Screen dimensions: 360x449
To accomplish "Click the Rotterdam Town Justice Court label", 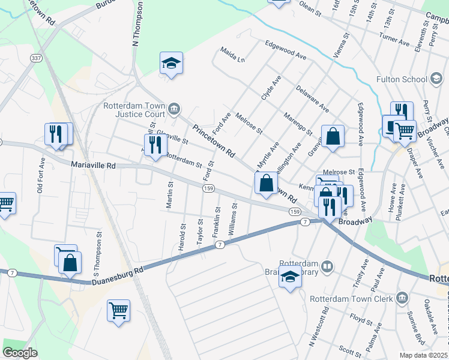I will (133, 109).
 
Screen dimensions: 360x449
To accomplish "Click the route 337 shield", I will (37, 58).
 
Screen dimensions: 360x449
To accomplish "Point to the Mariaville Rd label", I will (93, 164).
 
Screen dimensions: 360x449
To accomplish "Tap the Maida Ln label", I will (233, 55).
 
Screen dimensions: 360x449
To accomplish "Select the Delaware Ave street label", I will (312, 99).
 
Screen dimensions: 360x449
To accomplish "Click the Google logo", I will (20, 353).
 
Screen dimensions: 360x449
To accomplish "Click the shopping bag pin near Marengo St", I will (333, 137).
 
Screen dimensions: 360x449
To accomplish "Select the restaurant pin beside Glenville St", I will (155, 145).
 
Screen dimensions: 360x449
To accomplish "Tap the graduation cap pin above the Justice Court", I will (171, 63).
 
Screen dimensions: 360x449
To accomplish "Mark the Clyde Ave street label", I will (271, 88).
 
